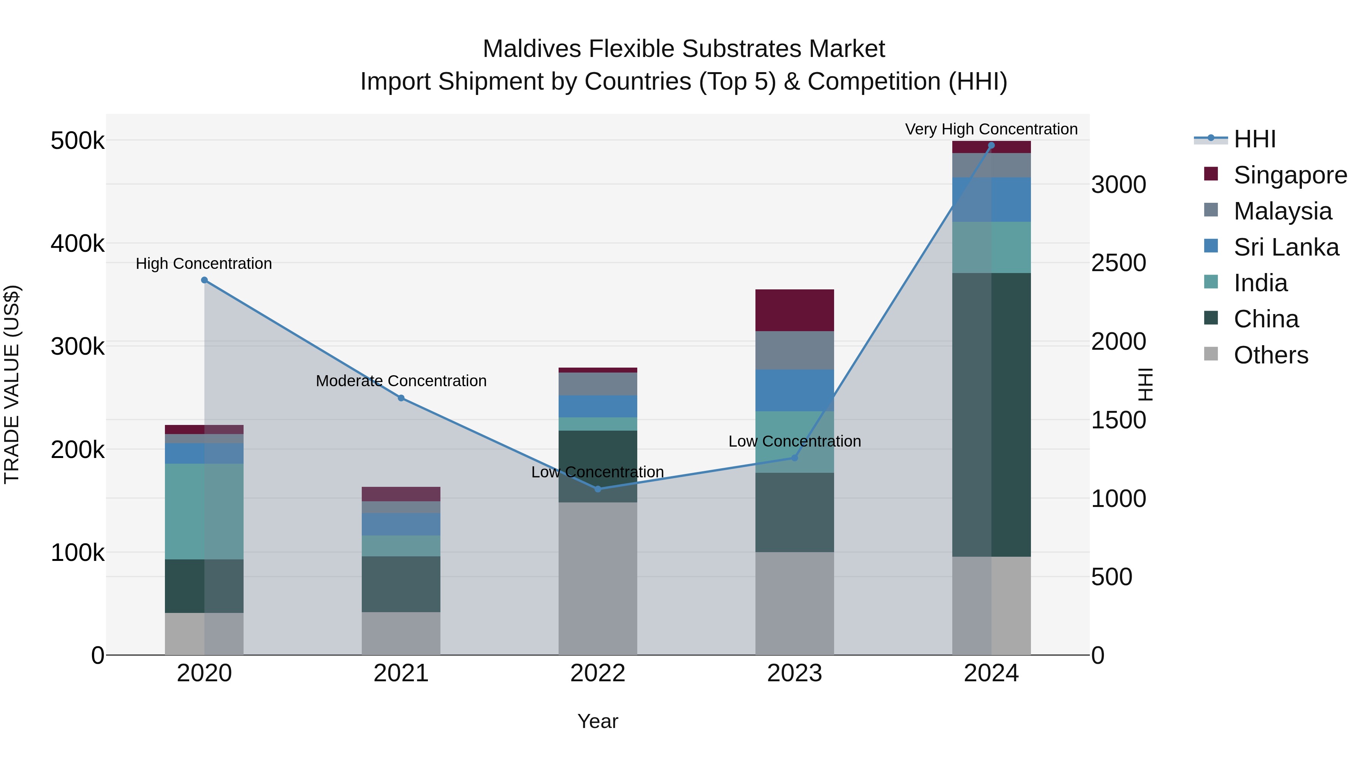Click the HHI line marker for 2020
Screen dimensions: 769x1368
(204, 280)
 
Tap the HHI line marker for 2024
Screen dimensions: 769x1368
(991, 145)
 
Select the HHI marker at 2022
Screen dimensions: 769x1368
(598, 489)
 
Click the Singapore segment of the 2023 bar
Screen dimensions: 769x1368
(795, 311)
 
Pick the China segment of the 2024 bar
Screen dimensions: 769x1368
(991, 414)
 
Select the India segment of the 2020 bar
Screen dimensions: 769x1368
(204, 511)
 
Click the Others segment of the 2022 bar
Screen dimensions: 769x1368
(598, 578)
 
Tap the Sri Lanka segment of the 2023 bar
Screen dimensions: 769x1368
(795, 390)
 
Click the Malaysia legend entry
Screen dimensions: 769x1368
(1282, 211)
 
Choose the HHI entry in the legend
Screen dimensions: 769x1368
(1254, 139)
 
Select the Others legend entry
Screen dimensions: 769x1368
(1270, 355)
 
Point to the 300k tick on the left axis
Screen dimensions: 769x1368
(78, 347)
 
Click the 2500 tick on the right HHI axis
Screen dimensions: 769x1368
(1118, 263)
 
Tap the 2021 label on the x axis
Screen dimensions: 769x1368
(401, 673)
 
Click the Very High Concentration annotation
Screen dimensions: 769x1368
(991, 129)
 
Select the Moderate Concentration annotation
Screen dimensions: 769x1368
(401, 381)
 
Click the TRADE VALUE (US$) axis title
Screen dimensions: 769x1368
(12, 384)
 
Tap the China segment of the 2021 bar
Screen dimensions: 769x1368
(401, 584)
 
